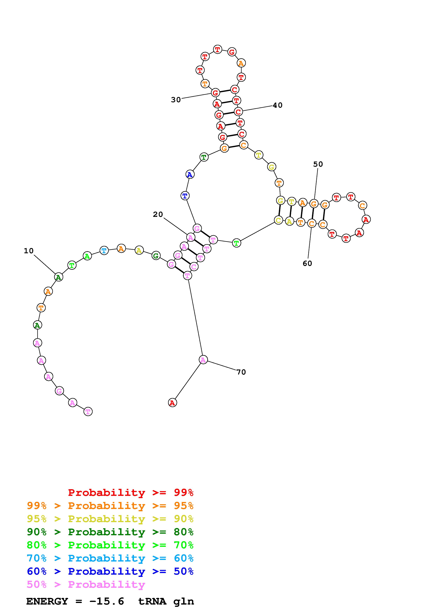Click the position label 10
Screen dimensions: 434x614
click(29, 251)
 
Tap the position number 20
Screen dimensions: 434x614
click(158, 214)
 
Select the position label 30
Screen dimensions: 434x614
click(176, 100)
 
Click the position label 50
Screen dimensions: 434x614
click(318, 164)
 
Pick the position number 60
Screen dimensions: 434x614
click(307, 263)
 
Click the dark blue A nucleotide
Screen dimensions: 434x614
click(190, 175)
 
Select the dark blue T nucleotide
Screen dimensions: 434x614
click(185, 196)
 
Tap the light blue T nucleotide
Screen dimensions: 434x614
click(104, 251)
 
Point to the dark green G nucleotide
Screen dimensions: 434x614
click(156, 256)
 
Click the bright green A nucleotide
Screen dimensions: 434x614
click(87, 256)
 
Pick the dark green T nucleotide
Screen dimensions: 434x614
click(204, 157)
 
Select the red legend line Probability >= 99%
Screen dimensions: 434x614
click(131, 492)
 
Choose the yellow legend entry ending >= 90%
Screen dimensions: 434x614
click(110, 519)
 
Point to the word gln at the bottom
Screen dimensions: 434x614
click(183, 601)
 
